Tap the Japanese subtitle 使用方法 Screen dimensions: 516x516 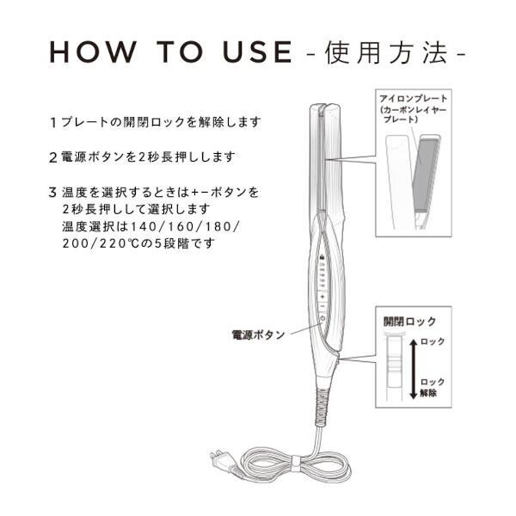(x=387, y=52)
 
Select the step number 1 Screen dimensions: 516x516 (x=53, y=123)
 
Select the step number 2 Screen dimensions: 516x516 (x=53, y=158)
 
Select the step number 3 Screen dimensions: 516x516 (x=53, y=192)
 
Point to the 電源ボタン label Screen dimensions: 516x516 (x=258, y=334)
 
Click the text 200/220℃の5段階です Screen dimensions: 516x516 (x=138, y=243)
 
